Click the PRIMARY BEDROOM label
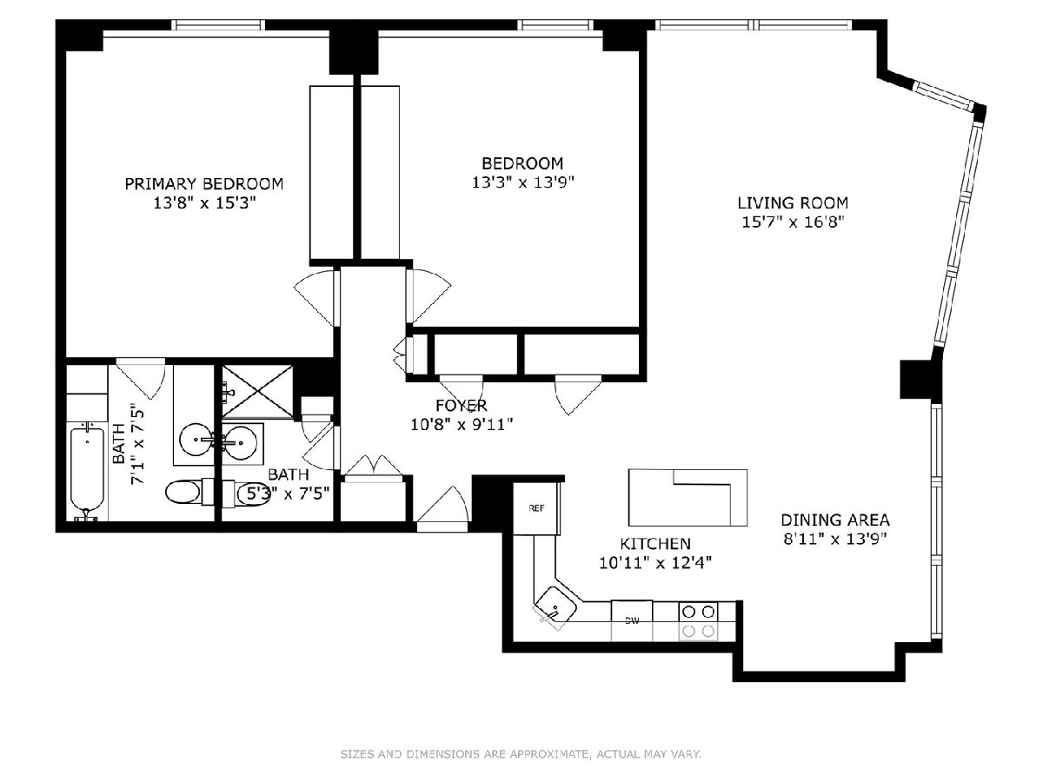(204, 183)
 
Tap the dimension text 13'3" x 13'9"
(522, 182)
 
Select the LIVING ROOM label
(793, 203)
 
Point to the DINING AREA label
(835, 520)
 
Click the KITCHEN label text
(655, 544)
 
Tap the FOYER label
(462, 406)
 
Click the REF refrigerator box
(536, 508)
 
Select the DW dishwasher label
(632, 620)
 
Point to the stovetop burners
(698, 621)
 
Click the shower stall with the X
(257, 391)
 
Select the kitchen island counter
(688, 498)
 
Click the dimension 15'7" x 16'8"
(793, 222)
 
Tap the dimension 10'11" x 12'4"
(655, 563)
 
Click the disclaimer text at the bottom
(521, 754)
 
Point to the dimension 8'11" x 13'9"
(835, 540)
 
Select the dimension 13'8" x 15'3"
(204, 203)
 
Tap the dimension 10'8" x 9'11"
(462, 425)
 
